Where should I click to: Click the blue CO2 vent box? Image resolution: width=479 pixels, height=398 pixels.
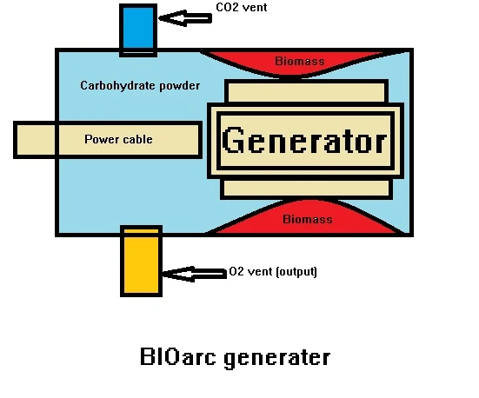[138, 29]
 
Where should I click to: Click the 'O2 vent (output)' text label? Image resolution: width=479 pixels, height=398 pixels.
[272, 272]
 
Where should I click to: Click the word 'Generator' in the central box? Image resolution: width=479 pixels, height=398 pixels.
[304, 141]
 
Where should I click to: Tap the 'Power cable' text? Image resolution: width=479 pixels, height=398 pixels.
[118, 140]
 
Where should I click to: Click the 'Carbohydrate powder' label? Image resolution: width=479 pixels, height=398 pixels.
[139, 86]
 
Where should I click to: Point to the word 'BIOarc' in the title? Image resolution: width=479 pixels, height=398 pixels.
[172, 357]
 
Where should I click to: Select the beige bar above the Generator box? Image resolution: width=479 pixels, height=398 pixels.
[306, 90]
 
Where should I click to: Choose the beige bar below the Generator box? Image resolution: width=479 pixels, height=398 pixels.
[306, 188]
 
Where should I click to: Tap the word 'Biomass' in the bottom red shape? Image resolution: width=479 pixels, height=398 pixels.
[307, 219]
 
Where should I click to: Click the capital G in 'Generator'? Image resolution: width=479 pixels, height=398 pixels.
[233, 140]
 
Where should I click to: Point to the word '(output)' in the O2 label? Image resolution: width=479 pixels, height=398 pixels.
[296, 272]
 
